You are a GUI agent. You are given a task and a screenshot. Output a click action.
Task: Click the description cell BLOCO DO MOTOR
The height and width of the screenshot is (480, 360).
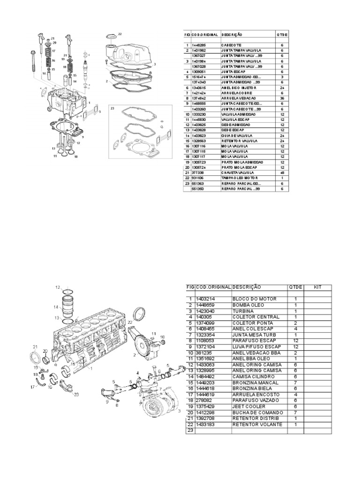254,299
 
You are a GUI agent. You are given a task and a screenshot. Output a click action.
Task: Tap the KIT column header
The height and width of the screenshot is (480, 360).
317,287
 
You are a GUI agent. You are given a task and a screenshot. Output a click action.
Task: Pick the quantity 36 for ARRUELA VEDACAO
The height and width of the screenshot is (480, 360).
282,98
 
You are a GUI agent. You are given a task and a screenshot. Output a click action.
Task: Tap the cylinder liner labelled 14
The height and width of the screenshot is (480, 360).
68,307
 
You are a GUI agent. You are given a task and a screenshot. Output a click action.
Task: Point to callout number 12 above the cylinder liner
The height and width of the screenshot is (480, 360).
58,286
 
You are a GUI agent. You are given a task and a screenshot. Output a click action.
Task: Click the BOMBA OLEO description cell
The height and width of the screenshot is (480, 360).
248,305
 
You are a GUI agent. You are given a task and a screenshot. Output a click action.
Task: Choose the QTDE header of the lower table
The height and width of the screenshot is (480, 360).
296,287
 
